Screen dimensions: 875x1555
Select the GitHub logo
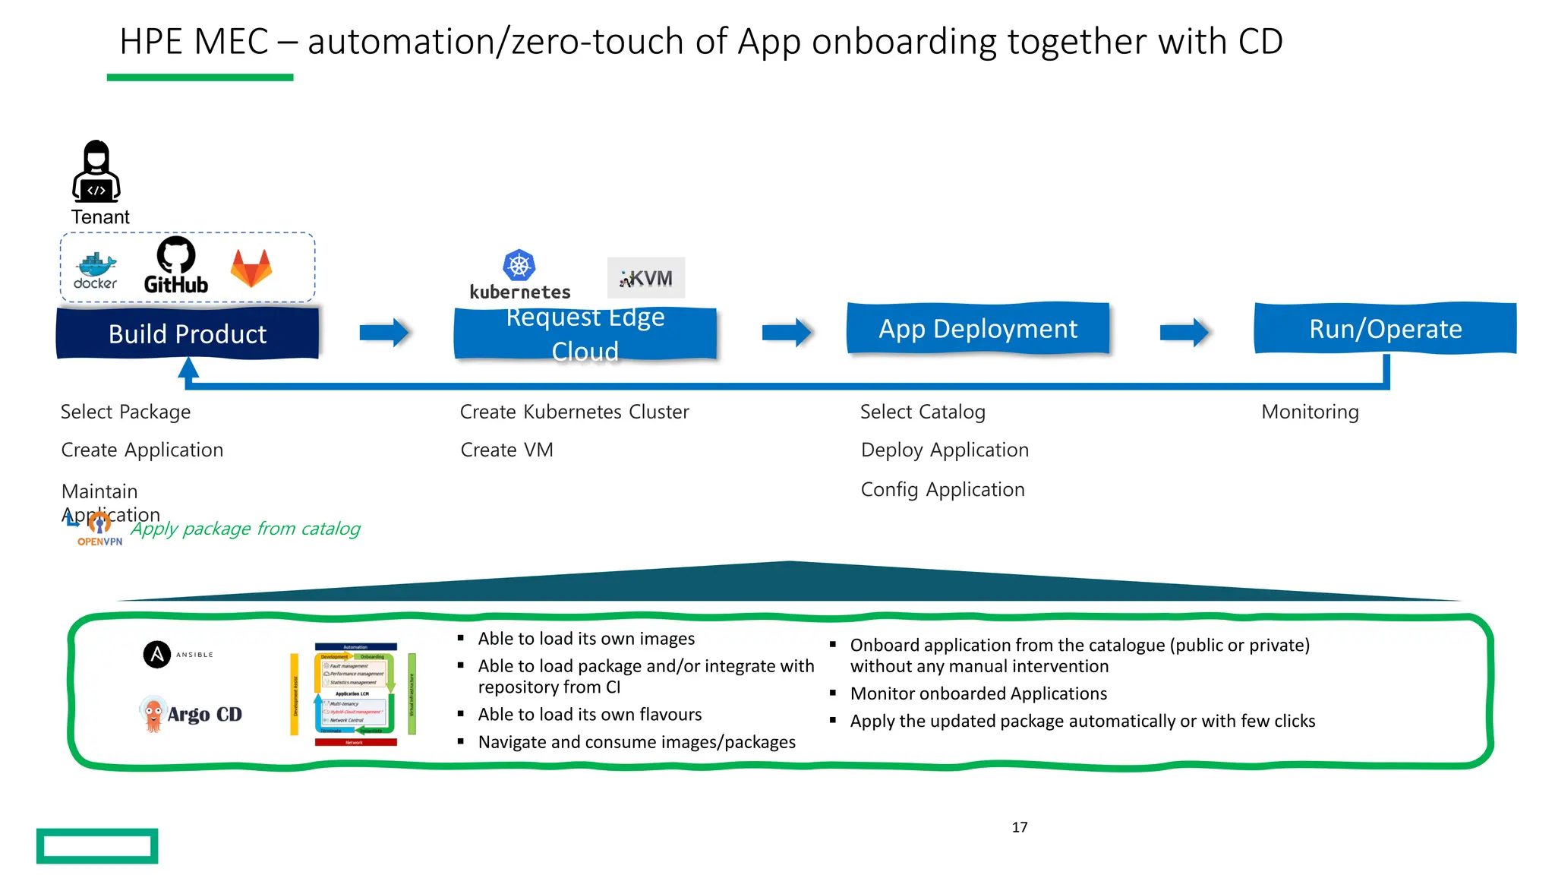(176, 265)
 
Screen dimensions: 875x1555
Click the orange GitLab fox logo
(251, 267)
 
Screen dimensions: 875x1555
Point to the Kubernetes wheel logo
(519, 266)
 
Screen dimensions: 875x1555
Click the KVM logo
(646, 278)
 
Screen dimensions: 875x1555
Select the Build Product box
(188, 333)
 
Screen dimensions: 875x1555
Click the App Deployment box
(978, 329)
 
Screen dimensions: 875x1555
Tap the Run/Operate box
(1385, 329)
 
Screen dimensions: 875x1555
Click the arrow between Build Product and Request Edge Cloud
(384, 332)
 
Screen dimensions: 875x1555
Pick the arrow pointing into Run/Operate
(1184, 332)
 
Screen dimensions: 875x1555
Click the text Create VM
(506, 450)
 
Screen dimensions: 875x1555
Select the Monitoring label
(1310, 412)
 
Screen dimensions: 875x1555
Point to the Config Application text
(942, 489)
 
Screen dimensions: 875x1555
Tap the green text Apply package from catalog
(245, 529)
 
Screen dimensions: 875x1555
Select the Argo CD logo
(191, 714)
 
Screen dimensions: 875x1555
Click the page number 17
(1019, 827)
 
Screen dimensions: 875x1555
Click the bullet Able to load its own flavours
(589, 715)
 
